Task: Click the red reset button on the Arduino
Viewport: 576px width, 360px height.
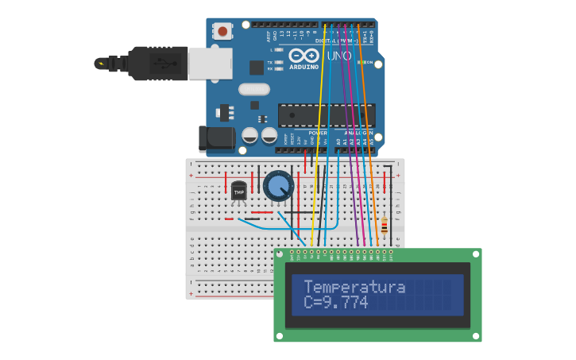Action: (x=222, y=32)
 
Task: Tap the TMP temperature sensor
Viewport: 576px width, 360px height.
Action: (x=238, y=191)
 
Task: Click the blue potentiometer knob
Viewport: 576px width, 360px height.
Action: (x=277, y=186)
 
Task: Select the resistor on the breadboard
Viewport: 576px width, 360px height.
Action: (x=385, y=226)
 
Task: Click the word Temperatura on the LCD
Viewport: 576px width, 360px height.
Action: (x=354, y=287)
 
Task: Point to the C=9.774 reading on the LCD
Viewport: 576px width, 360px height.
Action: (x=336, y=303)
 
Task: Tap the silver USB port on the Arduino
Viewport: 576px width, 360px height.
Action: (x=211, y=64)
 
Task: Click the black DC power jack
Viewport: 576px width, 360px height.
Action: (x=216, y=139)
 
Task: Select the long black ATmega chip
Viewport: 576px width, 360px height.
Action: (x=326, y=115)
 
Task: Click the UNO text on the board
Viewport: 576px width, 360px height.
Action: (x=338, y=56)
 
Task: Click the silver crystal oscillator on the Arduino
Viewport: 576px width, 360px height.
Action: (x=254, y=90)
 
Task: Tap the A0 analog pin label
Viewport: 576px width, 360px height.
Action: (x=338, y=141)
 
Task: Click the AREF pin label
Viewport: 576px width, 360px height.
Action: (x=267, y=36)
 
